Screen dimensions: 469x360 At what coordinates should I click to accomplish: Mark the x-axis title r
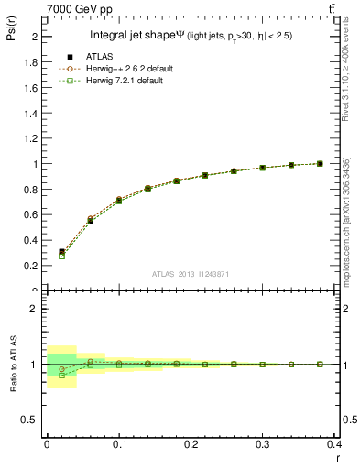(337, 458)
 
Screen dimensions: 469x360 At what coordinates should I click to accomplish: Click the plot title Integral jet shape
(137, 36)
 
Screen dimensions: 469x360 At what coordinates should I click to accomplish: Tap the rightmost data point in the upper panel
(320, 163)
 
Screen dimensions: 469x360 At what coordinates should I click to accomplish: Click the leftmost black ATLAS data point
(62, 251)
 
